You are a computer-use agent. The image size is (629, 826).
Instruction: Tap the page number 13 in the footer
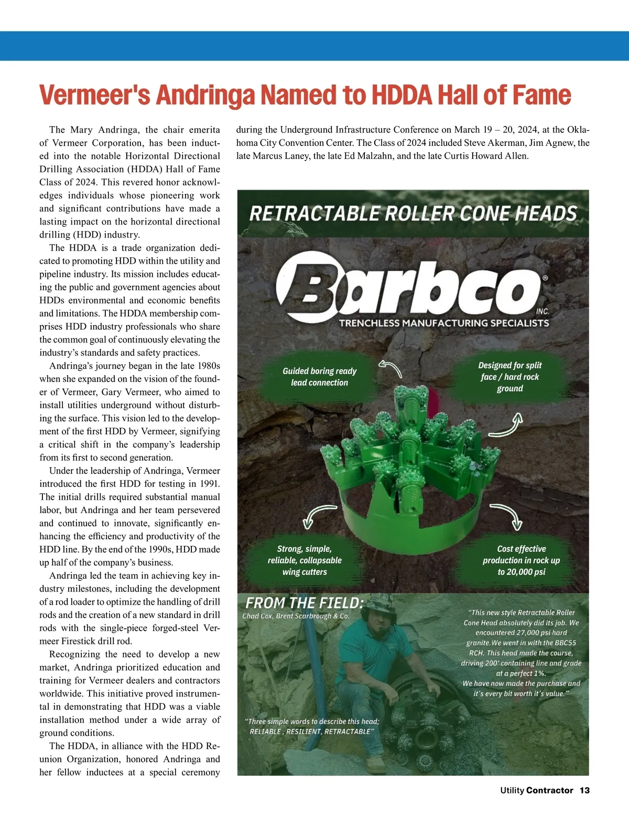point(584,790)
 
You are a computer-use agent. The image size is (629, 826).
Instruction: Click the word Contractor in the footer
point(549,790)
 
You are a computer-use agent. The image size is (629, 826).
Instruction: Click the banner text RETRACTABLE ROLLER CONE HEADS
point(413,214)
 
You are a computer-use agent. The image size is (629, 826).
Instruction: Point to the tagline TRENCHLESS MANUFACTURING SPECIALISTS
point(444,323)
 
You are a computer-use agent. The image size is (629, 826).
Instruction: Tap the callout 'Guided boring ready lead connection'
point(319,377)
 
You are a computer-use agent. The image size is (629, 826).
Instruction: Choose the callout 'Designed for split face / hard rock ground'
point(509,377)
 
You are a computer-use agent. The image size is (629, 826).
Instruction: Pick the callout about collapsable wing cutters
point(305,560)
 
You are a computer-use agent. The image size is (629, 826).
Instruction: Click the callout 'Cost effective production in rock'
point(521,560)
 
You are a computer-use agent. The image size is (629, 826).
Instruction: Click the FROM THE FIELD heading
point(304,603)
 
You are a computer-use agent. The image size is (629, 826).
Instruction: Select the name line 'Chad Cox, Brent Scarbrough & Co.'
point(296,616)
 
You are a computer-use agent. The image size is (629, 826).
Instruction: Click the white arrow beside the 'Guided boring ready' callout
point(391,368)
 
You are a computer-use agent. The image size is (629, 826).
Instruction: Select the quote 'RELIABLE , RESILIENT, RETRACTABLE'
point(311,732)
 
